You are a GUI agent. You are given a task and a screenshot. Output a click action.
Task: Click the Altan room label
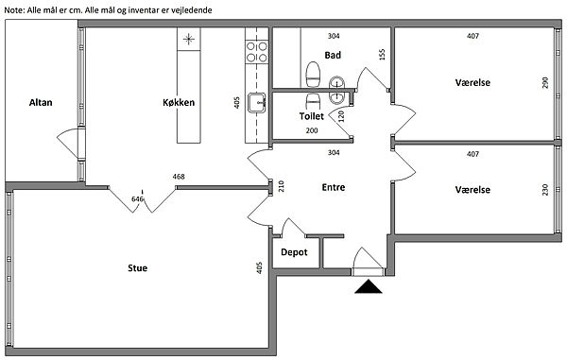click(41, 103)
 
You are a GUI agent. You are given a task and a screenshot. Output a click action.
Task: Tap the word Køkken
click(179, 103)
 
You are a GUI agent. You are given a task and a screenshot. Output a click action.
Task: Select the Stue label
click(137, 267)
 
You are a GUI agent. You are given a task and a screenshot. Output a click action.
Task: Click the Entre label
click(334, 187)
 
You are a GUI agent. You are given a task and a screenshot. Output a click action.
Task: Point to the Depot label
click(294, 252)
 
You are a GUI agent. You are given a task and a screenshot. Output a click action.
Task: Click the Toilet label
click(311, 116)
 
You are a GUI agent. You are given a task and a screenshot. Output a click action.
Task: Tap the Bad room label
click(333, 56)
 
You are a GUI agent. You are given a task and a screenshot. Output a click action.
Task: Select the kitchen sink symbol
click(257, 102)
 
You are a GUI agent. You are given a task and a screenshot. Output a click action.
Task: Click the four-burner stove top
click(257, 52)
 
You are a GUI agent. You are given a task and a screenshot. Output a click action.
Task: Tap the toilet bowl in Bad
click(313, 75)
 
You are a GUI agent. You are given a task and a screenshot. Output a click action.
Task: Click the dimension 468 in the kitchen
click(179, 177)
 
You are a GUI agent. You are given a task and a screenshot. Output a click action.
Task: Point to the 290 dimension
click(545, 82)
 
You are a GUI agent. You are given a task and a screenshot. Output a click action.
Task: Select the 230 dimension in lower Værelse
click(545, 190)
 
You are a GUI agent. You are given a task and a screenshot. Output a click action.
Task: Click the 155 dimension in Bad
click(383, 54)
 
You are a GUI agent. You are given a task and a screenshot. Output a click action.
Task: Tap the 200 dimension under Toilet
click(312, 130)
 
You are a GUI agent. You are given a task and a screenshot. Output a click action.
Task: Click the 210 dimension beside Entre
click(282, 186)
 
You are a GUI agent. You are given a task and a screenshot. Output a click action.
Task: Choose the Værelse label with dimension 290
click(472, 82)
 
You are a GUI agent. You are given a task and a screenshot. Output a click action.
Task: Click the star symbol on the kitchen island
click(188, 39)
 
